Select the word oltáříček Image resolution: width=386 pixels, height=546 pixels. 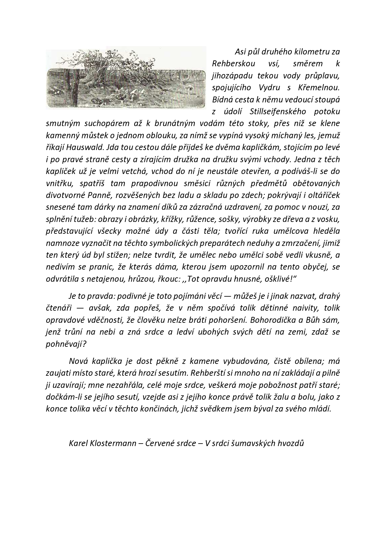click(x=324, y=195)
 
